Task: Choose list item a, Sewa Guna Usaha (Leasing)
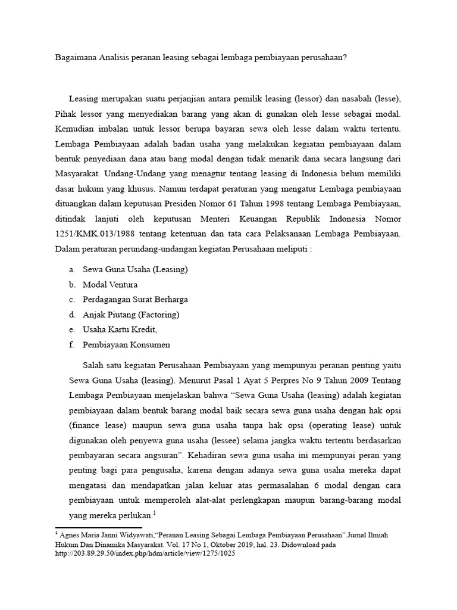pyautogui.click(x=135, y=269)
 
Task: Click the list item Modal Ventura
pyautogui.click(x=110, y=285)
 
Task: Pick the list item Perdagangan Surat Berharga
pyautogui.click(x=135, y=300)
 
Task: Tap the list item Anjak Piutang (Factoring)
pyautogui.click(x=131, y=315)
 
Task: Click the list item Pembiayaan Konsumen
pyautogui.click(x=126, y=344)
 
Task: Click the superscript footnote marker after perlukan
pyautogui.click(x=154, y=513)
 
